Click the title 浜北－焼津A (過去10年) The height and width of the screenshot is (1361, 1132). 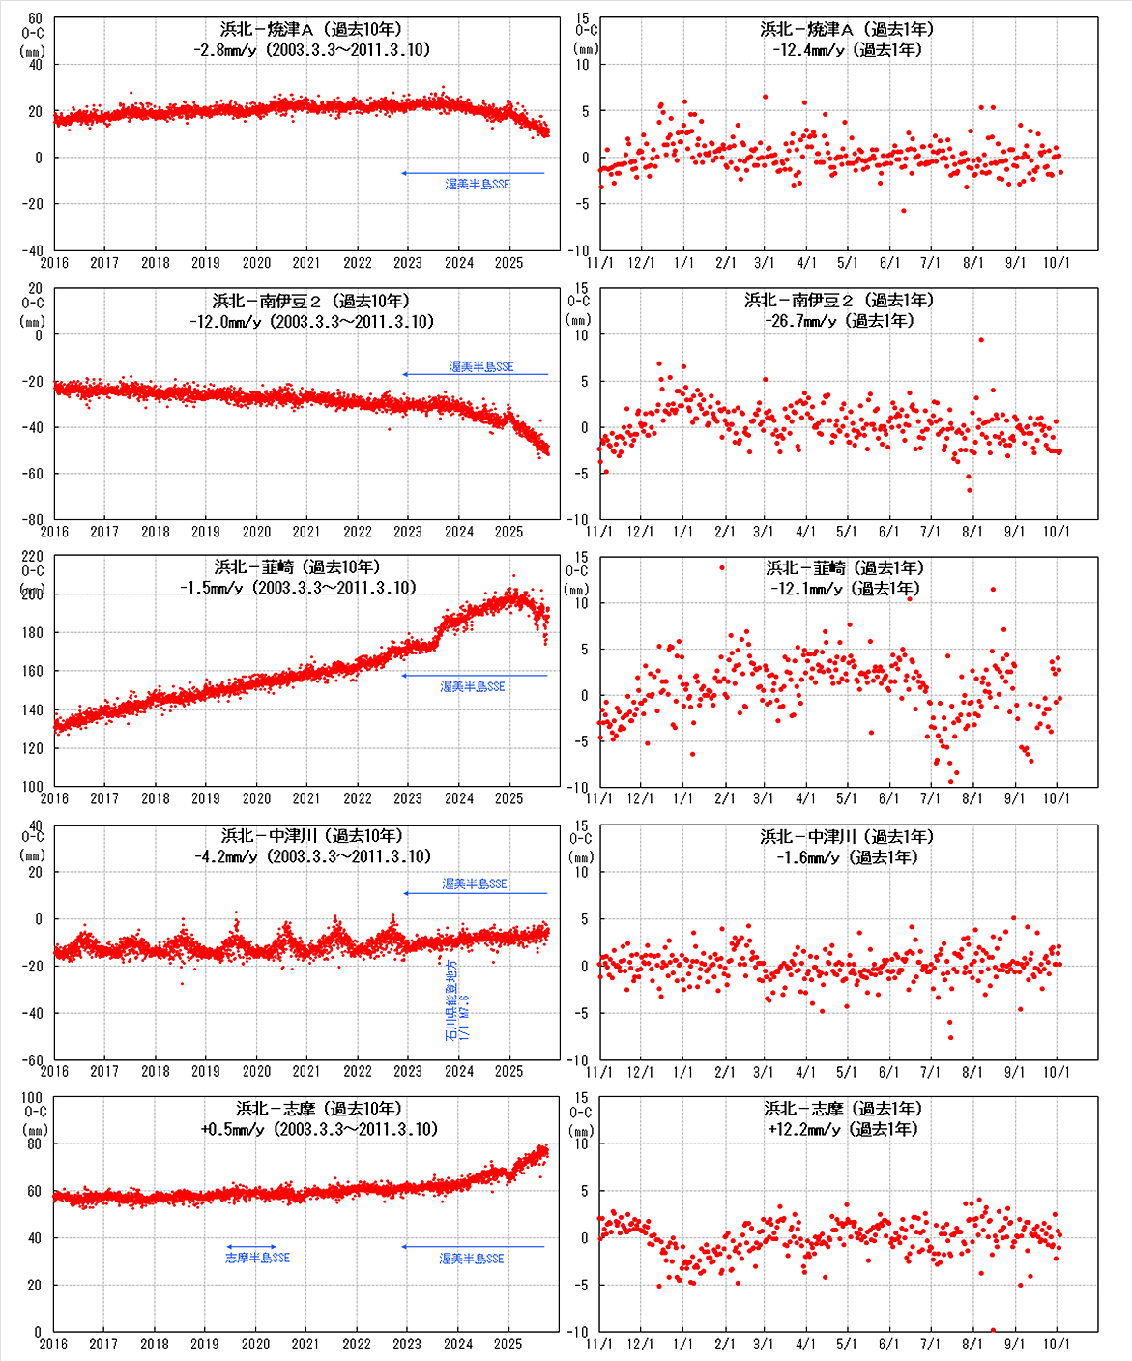click(x=310, y=30)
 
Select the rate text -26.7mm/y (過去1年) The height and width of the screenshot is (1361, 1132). click(x=839, y=321)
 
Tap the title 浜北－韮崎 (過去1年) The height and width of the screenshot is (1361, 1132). click(x=845, y=568)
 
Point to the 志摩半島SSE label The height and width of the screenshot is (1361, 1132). click(x=257, y=1258)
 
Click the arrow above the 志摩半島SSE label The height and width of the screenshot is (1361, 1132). click(x=251, y=1247)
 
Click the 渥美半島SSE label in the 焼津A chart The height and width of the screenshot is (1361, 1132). click(x=478, y=184)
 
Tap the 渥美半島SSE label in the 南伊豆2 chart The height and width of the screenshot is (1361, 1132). click(x=481, y=366)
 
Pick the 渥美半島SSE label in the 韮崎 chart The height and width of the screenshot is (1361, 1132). click(x=473, y=686)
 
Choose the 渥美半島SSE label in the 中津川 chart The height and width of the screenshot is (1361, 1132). click(x=475, y=883)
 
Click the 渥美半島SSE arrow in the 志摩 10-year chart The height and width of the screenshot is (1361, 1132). click(x=473, y=1247)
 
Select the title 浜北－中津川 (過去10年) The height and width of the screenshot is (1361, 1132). click(x=311, y=836)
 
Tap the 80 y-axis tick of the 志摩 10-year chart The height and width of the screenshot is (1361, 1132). click(x=34, y=1144)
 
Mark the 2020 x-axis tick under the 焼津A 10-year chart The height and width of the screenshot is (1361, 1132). click(x=256, y=263)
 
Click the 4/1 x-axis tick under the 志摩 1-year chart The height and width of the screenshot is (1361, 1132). click(x=805, y=1344)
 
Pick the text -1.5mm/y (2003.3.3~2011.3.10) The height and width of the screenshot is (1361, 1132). click(x=298, y=588)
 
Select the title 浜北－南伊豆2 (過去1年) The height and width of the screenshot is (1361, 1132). click(x=839, y=301)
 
